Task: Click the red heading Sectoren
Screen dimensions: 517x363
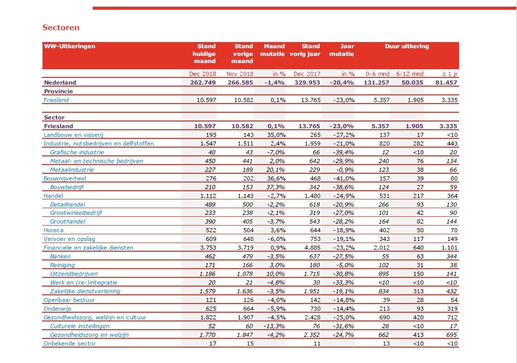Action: click(x=60, y=27)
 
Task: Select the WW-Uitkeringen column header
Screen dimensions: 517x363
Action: click(x=70, y=46)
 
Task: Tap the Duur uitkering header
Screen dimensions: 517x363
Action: click(x=407, y=46)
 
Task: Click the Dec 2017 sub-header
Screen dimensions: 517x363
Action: click(x=307, y=74)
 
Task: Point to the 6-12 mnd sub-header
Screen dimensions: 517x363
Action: click(x=410, y=74)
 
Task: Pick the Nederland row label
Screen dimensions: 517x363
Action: click(x=60, y=83)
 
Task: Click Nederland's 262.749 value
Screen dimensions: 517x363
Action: click(x=203, y=83)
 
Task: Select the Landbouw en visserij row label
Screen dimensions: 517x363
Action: click(x=73, y=135)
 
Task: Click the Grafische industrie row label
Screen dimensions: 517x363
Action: click(x=77, y=152)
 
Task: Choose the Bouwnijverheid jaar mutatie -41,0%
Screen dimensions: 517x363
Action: click(x=343, y=178)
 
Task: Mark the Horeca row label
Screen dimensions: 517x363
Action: click(x=53, y=230)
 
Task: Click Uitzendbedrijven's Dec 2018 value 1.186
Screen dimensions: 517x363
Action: click(x=208, y=274)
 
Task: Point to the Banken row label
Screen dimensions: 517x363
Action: click(x=60, y=256)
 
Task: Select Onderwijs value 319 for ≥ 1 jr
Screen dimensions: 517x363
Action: click(x=452, y=309)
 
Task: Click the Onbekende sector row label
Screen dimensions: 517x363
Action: click(x=70, y=344)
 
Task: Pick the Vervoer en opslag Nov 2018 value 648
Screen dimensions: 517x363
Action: click(x=248, y=239)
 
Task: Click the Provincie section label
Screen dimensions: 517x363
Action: click(x=58, y=91)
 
